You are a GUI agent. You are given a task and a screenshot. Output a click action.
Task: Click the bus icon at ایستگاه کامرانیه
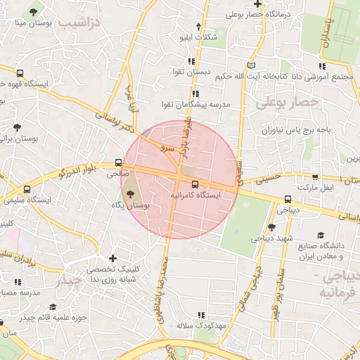click(x=195, y=185)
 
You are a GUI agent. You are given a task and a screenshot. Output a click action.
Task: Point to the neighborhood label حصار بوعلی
click(x=287, y=103)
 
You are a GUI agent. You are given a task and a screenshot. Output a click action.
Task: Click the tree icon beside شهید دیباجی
click(x=272, y=227)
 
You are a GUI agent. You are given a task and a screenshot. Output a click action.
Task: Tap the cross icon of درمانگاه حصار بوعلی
click(x=259, y=4)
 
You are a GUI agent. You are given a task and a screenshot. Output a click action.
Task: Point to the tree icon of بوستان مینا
click(x=32, y=13)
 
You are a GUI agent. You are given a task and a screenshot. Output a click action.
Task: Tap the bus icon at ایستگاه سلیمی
click(x=27, y=189)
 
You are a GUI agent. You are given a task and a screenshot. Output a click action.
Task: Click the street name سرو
click(x=166, y=149)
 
